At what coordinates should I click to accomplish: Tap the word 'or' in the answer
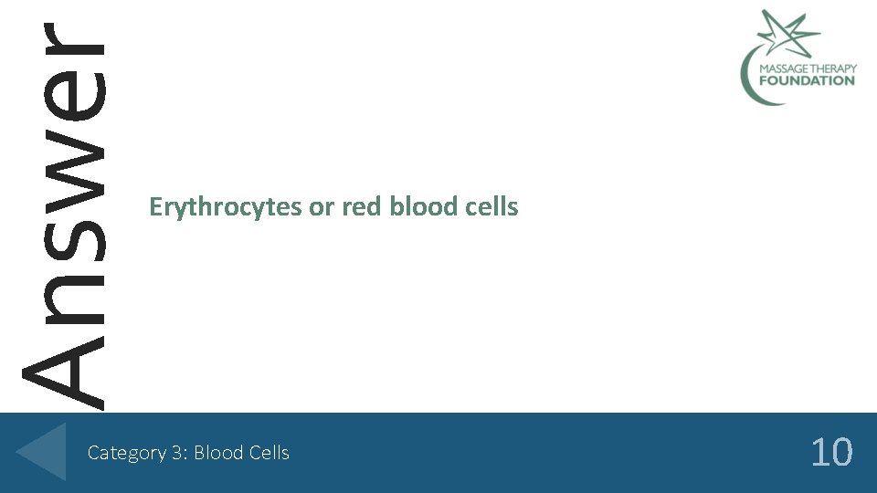coord(322,208)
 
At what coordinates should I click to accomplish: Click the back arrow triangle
coord(42,451)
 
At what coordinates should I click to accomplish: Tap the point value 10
coord(831,452)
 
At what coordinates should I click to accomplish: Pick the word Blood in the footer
coord(217,453)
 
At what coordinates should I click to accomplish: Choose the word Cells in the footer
coord(269,453)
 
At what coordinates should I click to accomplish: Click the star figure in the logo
coord(787,33)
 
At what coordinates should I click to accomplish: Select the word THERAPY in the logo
coord(833,68)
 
